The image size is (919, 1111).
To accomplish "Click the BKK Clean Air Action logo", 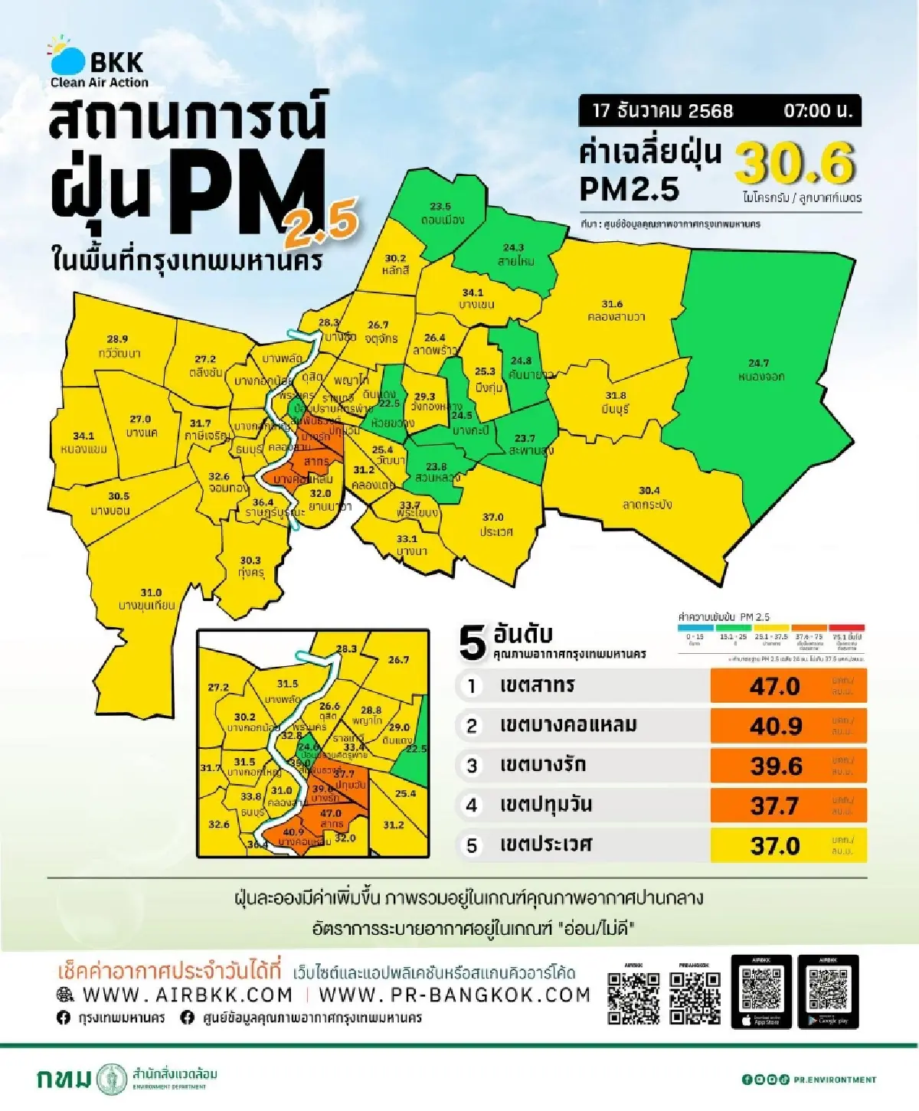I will pyautogui.click(x=98, y=63).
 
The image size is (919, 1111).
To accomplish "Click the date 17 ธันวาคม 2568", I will pyautogui.click(x=662, y=110).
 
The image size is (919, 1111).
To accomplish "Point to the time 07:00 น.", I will pyautogui.click(x=817, y=110).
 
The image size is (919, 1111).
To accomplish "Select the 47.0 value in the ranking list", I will pyautogui.click(x=775, y=686).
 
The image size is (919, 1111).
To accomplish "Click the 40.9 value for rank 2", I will pyautogui.click(x=775, y=726).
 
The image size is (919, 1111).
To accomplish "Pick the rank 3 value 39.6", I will pyautogui.click(x=775, y=766).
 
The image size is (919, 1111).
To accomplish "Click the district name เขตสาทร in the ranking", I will pyautogui.click(x=537, y=685).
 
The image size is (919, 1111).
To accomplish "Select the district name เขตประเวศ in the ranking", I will pyautogui.click(x=545, y=845).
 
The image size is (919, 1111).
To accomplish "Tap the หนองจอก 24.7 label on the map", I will pyautogui.click(x=760, y=370).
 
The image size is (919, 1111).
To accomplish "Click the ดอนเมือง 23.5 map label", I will pyautogui.click(x=441, y=214).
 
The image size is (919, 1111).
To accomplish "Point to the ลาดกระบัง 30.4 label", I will pyautogui.click(x=648, y=498).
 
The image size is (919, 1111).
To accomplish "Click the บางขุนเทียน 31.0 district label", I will pyautogui.click(x=147, y=599).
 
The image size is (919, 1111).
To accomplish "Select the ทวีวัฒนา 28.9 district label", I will pyautogui.click(x=119, y=346).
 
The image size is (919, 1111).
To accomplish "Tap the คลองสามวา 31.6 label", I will pyautogui.click(x=616, y=310).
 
